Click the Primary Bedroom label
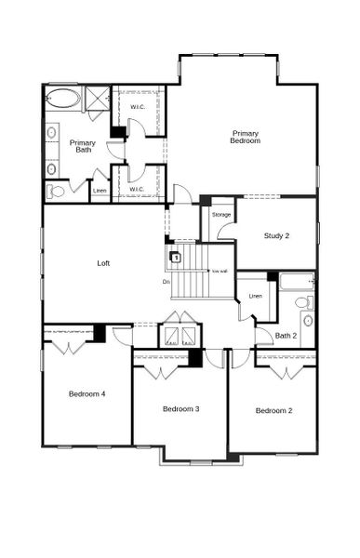tap(246, 137)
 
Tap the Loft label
tap(104, 263)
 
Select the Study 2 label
tap(276, 235)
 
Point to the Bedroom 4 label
tap(87, 393)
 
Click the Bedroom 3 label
tap(181, 408)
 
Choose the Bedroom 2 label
tap(274, 410)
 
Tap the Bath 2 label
tap(287, 335)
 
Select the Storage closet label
tap(221, 215)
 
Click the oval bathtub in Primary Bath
tap(63, 97)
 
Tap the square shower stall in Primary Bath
tap(97, 98)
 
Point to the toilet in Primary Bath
tap(57, 192)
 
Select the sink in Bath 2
tap(307, 321)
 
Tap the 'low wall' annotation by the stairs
tap(220, 271)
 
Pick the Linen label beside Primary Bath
tap(100, 193)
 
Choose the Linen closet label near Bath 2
tap(256, 296)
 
